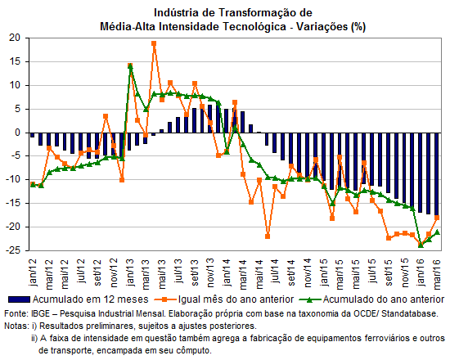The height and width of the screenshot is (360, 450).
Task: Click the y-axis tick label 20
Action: (x=15, y=38)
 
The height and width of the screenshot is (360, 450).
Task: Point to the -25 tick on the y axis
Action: (x=13, y=250)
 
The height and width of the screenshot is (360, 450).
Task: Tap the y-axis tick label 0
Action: (x=18, y=133)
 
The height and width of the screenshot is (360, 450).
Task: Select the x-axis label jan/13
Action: (x=130, y=272)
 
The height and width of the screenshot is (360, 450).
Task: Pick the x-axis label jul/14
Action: (x=275, y=271)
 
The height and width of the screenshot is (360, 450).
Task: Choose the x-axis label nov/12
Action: (x=114, y=273)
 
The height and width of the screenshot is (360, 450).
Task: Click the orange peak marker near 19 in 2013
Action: (x=154, y=43)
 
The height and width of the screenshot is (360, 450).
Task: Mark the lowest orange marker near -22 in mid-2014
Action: (x=268, y=236)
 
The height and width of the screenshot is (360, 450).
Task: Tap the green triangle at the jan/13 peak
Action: (x=130, y=66)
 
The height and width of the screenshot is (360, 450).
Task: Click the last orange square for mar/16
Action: (x=437, y=218)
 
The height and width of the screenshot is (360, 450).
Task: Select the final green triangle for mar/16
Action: (x=438, y=232)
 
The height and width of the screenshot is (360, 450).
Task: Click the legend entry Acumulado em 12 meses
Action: (x=78, y=299)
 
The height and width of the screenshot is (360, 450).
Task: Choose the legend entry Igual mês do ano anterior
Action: (x=224, y=299)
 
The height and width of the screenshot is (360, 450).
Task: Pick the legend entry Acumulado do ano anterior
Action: (x=371, y=299)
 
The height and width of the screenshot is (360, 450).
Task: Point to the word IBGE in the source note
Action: (x=39, y=314)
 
